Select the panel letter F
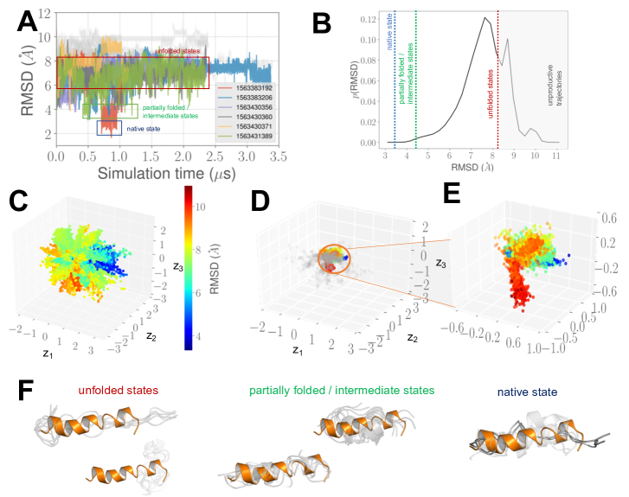tap(27, 390)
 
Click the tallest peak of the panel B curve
tap(486, 18)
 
